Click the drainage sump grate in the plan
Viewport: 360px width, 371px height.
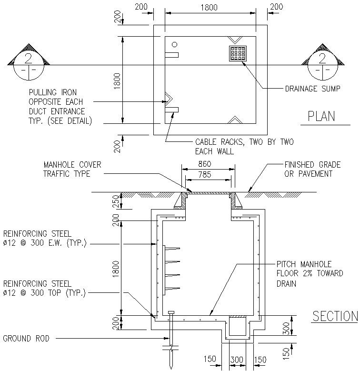click(x=238, y=53)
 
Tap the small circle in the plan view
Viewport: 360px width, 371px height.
click(x=175, y=44)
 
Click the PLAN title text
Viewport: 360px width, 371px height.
click(x=321, y=117)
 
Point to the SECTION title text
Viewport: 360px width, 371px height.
click(x=335, y=316)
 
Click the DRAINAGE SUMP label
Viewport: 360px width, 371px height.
click(x=312, y=89)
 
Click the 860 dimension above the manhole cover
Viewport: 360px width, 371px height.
click(x=208, y=164)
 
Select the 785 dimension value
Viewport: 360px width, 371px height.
click(x=208, y=174)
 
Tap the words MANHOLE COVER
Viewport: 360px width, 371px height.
click(x=72, y=165)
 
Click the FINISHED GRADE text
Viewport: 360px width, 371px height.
click(x=312, y=165)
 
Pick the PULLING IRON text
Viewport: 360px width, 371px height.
click(x=52, y=92)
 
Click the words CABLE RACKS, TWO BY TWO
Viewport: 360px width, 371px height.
click(x=244, y=142)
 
